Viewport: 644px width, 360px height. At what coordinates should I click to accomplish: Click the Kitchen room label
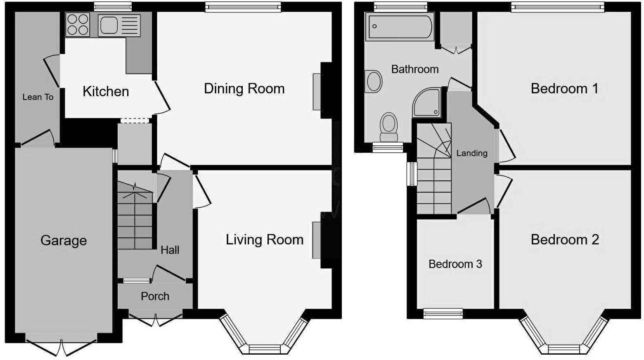tap(106, 91)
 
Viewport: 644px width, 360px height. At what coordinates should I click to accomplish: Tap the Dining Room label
tap(244, 89)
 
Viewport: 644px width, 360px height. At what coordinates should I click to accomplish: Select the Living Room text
tap(264, 240)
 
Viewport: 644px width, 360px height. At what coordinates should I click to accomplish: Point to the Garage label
tap(64, 240)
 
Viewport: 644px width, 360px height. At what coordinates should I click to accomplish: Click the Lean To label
tap(38, 97)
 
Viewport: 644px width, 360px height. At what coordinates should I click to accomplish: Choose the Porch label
tap(155, 296)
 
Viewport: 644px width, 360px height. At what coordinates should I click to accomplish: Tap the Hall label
tap(170, 250)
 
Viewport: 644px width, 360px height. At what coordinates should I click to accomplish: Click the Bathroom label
tap(414, 69)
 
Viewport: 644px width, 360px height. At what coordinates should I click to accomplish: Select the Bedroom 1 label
tap(564, 89)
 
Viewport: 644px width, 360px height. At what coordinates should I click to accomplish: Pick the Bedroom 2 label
tap(564, 240)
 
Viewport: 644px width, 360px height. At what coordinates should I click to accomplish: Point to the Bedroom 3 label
tap(455, 264)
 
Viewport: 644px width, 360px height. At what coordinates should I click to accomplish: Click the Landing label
tap(471, 153)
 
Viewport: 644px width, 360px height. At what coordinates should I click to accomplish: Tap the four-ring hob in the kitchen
tap(78, 25)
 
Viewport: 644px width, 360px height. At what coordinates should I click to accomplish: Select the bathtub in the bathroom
tap(399, 27)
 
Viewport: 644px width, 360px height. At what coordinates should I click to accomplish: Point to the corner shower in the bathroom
tap(428, 103)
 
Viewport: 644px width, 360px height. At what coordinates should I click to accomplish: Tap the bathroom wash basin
tap(374, 81)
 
